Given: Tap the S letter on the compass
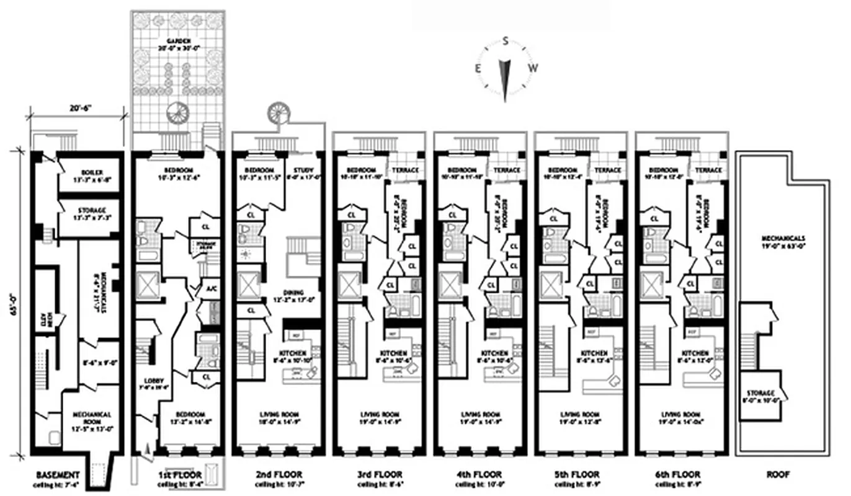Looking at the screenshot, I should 506,42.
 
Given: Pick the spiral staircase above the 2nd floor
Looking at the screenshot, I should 277,113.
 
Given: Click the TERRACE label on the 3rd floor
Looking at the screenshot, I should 406,170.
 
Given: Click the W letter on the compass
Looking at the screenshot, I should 533,68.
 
